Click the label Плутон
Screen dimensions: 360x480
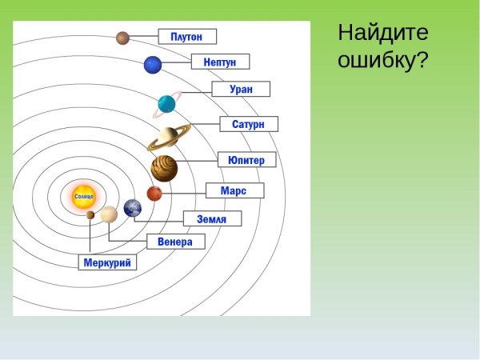click(187, 37)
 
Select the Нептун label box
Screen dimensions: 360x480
click(220, 62)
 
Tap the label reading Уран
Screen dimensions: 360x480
click(241, 89)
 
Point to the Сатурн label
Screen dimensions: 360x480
click(249, 124)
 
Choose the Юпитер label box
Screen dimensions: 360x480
click(246, 160)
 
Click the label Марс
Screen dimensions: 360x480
click(234, 191)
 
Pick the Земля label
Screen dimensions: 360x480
click(212, 218)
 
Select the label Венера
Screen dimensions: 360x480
click(176, 242)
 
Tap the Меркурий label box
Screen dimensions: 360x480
click(107, 262)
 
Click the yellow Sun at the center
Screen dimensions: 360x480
click(84, 196)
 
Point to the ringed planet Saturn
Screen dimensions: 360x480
click(168, 138)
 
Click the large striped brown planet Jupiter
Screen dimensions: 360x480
click(164, 169)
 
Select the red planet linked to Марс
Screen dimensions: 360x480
click(154, 194)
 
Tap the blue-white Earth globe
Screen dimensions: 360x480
click(132, 208)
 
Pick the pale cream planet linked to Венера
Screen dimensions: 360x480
click(109, 214)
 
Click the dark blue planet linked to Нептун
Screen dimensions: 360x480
click(153, 65)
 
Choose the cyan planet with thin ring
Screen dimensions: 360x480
click(167, 103)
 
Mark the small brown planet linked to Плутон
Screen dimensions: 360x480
click(122, 38)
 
